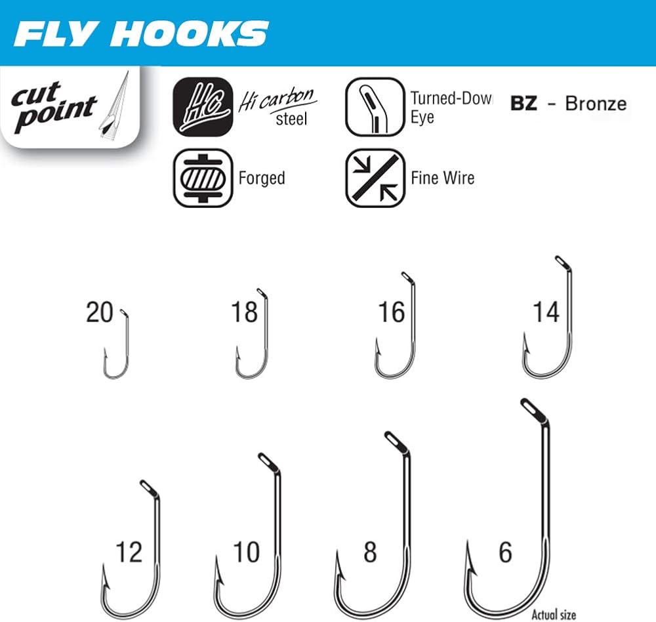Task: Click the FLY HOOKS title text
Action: coord(141,33)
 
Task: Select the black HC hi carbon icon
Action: coord(201,107)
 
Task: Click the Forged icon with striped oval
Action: coord(202,178)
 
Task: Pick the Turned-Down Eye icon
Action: coord(375,107)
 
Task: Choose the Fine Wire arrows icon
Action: coord(375,178)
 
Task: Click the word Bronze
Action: coord(596,104)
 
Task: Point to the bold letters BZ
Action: coord(523,104)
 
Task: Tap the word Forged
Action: coord(262,178)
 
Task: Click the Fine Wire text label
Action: coord(443,177)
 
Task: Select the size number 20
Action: coord(100,312)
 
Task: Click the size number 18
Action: coord(244,312)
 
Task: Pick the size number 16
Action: coord(392,312)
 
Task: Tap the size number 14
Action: coord(546,312)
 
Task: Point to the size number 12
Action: coord(129,552)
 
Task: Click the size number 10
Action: coord(247,552)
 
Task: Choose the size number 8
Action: coord(370,552)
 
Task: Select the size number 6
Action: coord(505,552)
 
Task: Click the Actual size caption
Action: coord(554,614)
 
